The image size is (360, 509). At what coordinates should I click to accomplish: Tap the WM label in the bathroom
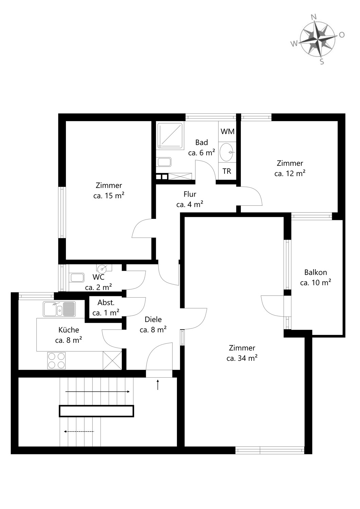click(228, 131)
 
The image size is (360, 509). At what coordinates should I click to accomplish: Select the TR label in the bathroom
click(227, 171)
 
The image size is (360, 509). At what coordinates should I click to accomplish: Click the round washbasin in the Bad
click(227, 152)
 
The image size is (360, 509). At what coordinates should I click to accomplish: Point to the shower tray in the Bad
click(170, 135)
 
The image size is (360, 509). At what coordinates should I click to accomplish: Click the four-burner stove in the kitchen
click(57, 361)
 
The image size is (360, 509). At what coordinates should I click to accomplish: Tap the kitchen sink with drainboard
click(59, 309)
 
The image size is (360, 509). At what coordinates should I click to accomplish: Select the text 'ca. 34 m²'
click(242, 358)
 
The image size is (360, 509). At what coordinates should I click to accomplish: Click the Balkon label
click(316, 272)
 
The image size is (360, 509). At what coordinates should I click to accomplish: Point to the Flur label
click(190, 194)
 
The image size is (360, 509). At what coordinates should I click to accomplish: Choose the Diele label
click(153, 319)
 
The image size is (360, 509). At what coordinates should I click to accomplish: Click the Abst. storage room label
click(106, 302)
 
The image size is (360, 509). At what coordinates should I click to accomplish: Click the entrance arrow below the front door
click(158, 385)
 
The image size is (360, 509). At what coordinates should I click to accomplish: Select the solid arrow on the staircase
click(97, 392)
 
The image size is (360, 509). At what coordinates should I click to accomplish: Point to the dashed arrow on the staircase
click(79, 432)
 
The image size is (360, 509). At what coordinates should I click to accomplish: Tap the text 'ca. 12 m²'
click(290, 173)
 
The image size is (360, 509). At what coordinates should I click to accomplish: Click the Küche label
click(69, 330)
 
